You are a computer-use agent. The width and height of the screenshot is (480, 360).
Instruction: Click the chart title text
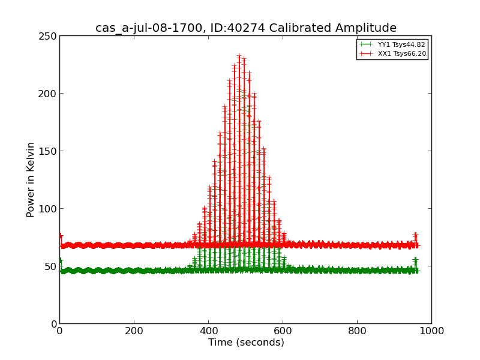pos(246,28)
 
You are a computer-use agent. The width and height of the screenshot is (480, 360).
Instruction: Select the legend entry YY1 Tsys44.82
pos(401,45)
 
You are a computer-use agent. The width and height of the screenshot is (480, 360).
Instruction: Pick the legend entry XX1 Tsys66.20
pos(401,54)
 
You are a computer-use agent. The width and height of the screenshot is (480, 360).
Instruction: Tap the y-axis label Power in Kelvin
pos(31,179)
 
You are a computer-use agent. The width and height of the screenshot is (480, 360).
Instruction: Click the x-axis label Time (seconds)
pos(246,343)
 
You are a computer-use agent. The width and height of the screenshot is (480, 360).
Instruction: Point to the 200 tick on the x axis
pos(134,331)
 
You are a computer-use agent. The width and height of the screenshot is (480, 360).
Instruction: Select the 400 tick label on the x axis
pos(208,331)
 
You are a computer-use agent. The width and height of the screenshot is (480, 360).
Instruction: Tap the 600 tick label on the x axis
pos(283,331)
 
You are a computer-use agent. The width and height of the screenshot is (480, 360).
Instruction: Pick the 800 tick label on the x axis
pos(357,331)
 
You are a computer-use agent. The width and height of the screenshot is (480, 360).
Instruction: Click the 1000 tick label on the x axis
pos(431,331)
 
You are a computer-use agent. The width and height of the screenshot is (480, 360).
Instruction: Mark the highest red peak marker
pos(239,56)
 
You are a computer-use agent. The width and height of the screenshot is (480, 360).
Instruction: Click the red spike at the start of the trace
pos(60,236)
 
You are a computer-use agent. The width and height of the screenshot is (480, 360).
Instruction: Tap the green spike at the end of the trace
pos(415,260)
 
